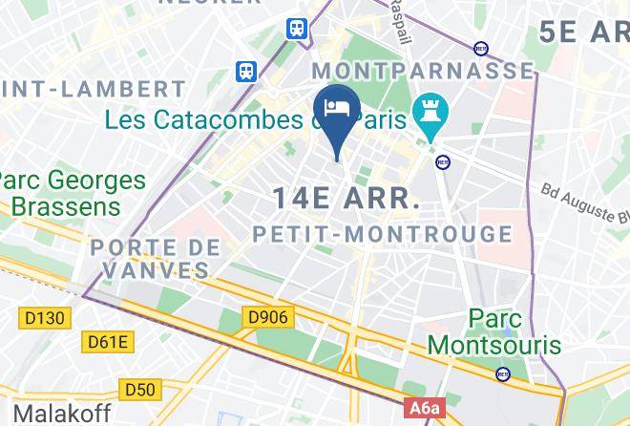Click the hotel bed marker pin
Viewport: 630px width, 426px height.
(x=338, y=108)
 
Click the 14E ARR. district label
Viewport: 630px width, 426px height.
(x=346, y=199)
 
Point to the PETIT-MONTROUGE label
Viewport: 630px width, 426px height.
(x=382, y=233)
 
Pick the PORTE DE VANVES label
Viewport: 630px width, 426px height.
(x=156, y=258)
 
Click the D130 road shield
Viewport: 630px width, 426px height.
(x=40, y=315)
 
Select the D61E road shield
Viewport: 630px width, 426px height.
(x=106, y=341)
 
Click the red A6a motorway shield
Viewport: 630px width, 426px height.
(x=425, y=409)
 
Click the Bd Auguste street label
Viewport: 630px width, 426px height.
(x=583, y=201)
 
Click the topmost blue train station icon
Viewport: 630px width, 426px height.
(x=298, y=28)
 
